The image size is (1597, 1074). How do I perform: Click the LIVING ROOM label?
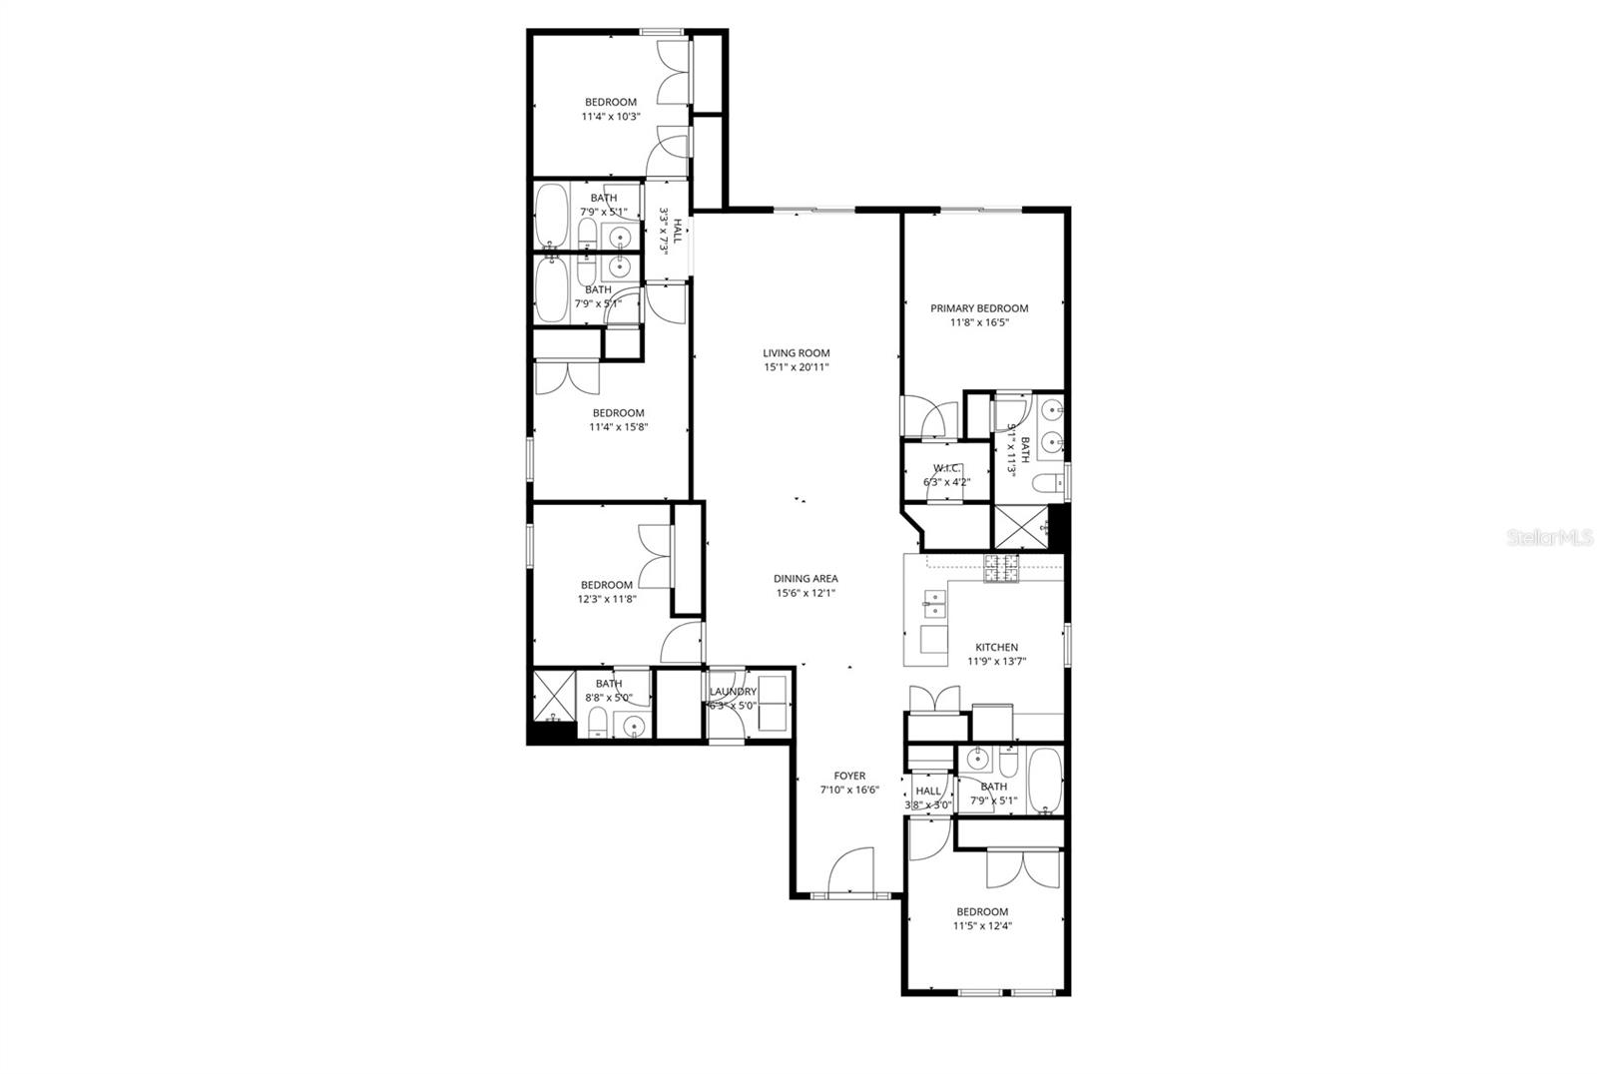(x=796, y=352)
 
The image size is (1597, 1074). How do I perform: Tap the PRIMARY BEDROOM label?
(x=978, y=308)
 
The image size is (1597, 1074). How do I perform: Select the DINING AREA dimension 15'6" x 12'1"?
(x=805, y=593)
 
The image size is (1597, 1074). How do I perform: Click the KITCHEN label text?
(x=996, y=647)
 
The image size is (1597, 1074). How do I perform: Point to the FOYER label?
(x=849, y=776)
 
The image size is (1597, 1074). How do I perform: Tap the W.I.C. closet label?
(x=946, y=468)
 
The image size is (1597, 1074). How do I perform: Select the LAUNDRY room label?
(x=733, y=692)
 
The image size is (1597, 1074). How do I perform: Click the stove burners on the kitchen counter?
(x=1002, y=568)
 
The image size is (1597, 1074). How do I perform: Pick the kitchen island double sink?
(x=935, y=599)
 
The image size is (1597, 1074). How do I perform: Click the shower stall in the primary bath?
(x=1018, y=528)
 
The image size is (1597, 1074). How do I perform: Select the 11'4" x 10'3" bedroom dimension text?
(x=610, y=117)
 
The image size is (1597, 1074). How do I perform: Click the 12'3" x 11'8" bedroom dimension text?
(x=606, y=600)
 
